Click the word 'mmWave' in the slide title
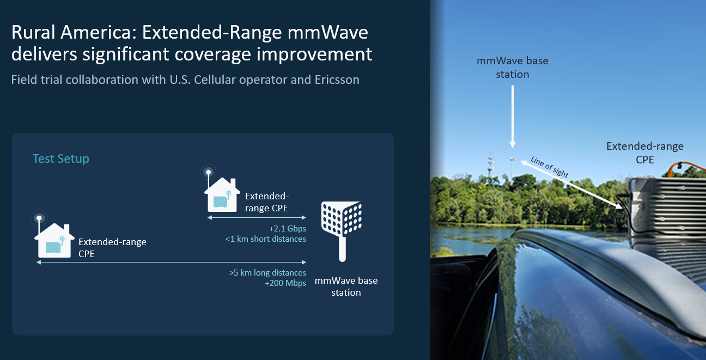pos(334,33)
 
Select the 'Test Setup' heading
pos(60,158)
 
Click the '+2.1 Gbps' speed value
pos(287,229)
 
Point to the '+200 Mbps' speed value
pos(285,283)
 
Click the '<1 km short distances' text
pos(266,239)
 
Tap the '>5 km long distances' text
pos(267,272)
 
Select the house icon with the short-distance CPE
pos(221,193)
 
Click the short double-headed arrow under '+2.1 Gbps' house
pos(257,217)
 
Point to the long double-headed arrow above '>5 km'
pos(171,263)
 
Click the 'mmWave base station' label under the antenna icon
pos(346,286)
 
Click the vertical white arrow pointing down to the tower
pos(512,114)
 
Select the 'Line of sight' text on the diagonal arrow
pos(549,167)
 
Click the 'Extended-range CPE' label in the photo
pos(644,152)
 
